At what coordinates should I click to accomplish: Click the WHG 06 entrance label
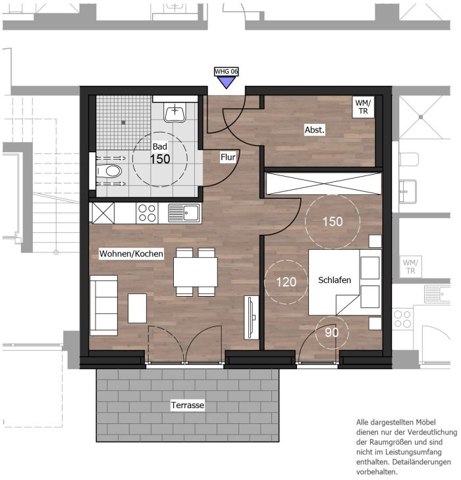click(227, 71)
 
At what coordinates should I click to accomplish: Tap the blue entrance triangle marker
click(227, 82)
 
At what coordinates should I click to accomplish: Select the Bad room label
click(160, 146)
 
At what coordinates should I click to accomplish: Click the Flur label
click(228, 158)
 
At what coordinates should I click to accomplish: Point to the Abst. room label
click(315, 130)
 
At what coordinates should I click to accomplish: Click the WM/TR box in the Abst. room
click(363, 107)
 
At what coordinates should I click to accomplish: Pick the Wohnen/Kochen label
click(131, 254)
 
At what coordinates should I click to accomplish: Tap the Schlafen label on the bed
click(335, 280)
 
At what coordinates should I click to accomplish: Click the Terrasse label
click(188, 405)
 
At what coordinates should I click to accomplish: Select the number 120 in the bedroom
click(286, 282)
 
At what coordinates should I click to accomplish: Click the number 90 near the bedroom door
click(332, 332)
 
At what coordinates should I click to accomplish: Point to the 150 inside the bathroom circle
click(160, 159)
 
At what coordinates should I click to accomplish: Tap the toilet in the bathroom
click(109, 171)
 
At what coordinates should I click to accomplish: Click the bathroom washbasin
click(175, 112)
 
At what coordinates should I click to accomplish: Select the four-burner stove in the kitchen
click(147, 213)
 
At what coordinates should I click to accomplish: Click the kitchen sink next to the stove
click(184, 213)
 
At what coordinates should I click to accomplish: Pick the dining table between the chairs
click(196, 272)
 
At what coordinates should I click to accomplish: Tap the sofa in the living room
click(103, 305)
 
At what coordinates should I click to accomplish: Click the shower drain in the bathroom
click(123, 123)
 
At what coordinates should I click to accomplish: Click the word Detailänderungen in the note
click(421, 462)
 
